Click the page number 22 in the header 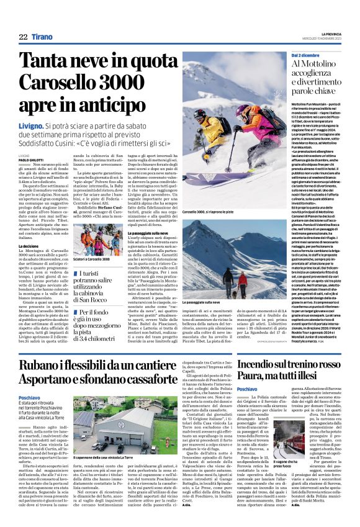tap(23, 37)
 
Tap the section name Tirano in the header tap(42, 37)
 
